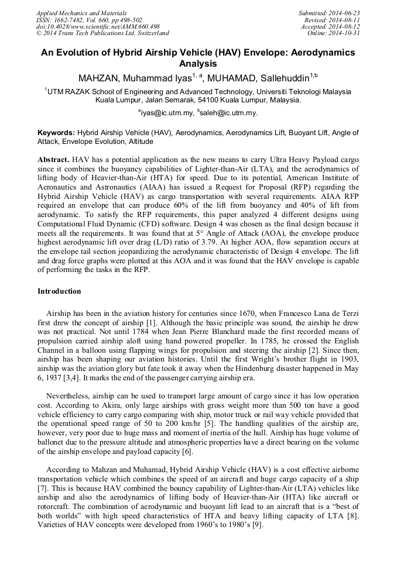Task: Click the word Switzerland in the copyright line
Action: (150, 33)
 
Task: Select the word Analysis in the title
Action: (198, 64)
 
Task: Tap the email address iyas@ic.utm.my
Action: (166, 113)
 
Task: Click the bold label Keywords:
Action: (56, 133)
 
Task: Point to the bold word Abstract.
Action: (53, 160)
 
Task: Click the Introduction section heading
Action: (59, 291)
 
